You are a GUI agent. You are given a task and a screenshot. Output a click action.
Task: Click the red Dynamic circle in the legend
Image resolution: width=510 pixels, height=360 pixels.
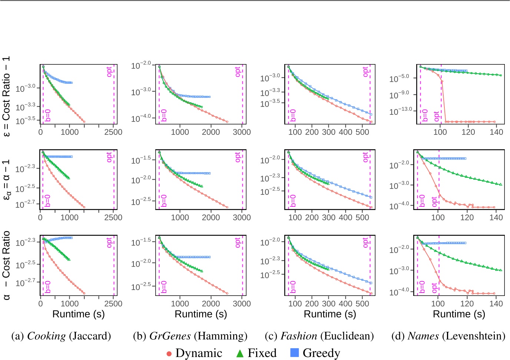pyautogui.click(x=169, y=353)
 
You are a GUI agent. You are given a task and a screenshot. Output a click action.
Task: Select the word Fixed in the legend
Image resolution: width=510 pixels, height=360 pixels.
pyautogui.click(x=262, y=353)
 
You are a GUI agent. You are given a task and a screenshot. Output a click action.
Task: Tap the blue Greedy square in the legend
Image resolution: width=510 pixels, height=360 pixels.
pyautogui.click(x=294, y=353)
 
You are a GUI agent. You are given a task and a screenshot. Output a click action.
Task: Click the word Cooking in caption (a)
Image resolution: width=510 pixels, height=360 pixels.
pyautogui.click(x=46, y=336)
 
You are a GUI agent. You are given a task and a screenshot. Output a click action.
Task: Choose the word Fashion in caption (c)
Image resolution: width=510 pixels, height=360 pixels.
pyautogui.click(x=299, y=336)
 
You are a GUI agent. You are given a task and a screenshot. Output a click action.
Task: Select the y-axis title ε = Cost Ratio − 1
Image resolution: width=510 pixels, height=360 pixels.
pyautogui.click(x=6, y=96)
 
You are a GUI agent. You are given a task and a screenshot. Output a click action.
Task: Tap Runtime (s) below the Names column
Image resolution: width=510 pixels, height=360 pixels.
pyautogui.click(x=459, y=314)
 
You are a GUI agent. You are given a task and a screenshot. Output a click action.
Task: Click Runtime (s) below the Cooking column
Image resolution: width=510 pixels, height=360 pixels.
pyautogui.click(x=78, y=314)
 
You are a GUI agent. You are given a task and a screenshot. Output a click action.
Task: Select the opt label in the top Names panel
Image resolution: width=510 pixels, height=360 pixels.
pyautogui.click(x=437, y=116)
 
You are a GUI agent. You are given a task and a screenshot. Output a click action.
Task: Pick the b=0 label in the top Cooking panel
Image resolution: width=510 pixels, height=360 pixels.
pyautogui.click(x=48, y=116)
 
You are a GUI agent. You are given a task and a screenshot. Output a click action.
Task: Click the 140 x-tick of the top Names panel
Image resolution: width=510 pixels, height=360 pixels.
pyautogui.click(x=496, y=132)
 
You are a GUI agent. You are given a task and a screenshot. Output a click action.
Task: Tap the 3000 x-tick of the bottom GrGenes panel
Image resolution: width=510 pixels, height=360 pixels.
pyautogui.click(x=242, y=304)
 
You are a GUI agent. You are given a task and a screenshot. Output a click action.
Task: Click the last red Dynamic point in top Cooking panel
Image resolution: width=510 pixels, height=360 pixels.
pyautogui.click(x=84, y=121)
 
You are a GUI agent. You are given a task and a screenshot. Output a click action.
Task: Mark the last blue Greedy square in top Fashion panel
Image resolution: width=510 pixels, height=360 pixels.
pyautogui.click(x=371, y=114)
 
